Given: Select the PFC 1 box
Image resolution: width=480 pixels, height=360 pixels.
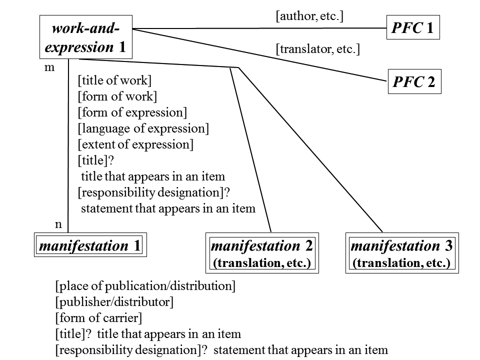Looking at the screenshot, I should (x=412, y=28).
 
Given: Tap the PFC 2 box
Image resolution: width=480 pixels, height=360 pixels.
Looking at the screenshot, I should (x=413, y=82).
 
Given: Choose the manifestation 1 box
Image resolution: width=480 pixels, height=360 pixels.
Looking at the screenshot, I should (x=90, y=245).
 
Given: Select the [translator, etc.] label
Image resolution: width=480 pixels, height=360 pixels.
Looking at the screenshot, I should (x=317, y=49).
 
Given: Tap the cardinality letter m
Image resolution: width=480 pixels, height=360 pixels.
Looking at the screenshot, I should (x=49, y=67).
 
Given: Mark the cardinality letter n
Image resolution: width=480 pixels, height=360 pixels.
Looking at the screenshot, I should (x=58, y=224).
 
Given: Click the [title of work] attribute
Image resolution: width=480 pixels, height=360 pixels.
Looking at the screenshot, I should (x=114, y=81).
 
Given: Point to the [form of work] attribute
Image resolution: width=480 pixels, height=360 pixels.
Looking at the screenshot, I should (x=117, y=96).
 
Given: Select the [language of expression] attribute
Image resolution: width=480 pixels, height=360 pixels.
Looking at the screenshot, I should (x=143, y=128).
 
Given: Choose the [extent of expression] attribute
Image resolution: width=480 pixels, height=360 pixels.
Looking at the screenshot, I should (x=135, y=144).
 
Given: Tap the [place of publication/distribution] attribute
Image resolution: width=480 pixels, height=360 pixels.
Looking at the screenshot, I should (x=145, y=286).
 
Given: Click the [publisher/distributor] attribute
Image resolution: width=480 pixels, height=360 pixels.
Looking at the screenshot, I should (x=114, y=302).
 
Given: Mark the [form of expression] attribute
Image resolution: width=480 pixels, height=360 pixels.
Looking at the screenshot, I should (x=132, y=112).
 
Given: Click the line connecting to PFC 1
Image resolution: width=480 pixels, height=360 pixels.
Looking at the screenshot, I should (x=260, y=28).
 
